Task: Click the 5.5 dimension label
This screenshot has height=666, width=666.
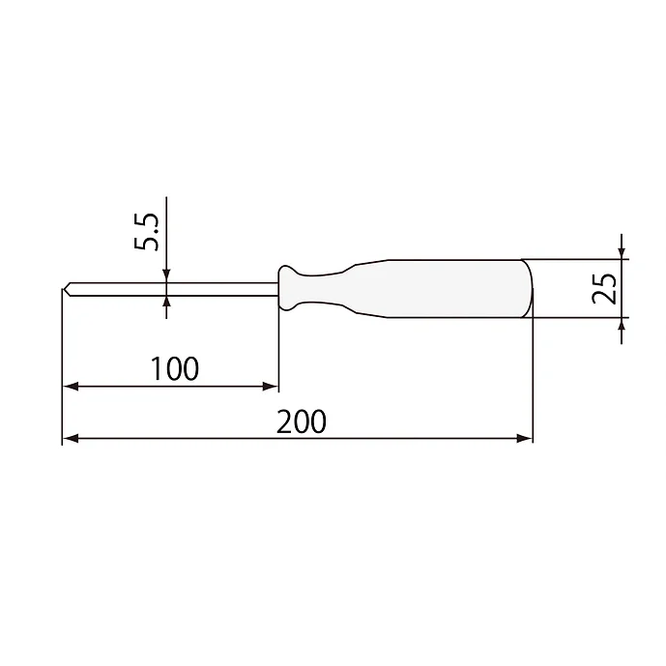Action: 146,231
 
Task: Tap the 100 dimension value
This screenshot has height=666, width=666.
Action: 175,368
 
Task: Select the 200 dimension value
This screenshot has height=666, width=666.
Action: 302,421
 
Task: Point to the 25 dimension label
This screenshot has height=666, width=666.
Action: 603,288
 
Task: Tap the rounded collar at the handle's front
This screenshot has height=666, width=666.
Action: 287,288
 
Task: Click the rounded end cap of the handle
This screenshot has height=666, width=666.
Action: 528,288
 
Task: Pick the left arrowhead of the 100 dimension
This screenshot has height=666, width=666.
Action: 71,387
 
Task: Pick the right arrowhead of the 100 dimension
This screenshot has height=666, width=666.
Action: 270,387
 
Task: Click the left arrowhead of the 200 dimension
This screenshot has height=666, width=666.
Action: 71,438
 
